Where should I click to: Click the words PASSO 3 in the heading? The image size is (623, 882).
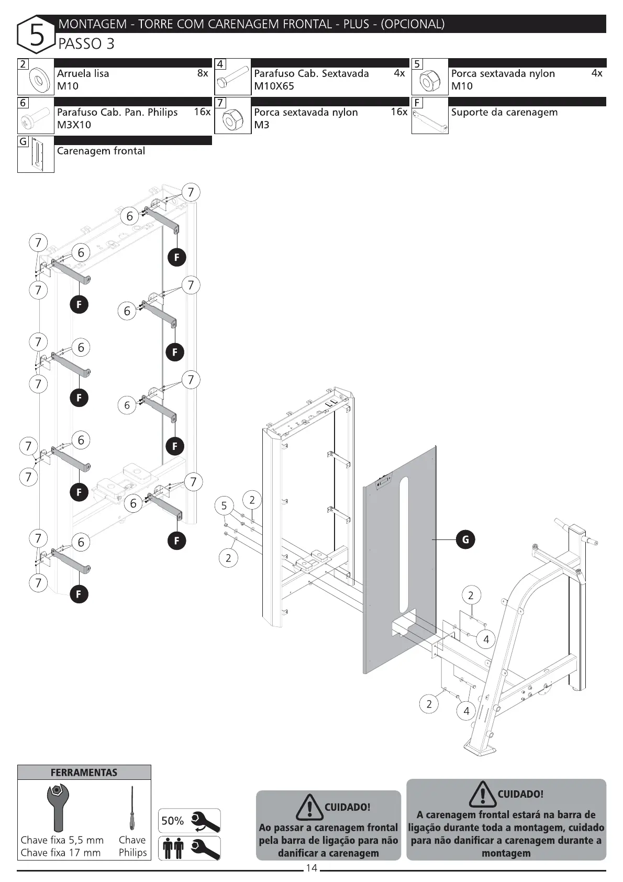[x=86, y=44]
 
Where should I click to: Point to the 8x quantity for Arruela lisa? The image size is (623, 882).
[x=203, y=74]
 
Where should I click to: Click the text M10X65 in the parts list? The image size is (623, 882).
[x=274, y=86]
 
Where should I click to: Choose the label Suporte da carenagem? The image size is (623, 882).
[x=504, y=113]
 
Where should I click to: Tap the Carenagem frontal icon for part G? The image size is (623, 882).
[x=36, y=155]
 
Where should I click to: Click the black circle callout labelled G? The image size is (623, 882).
[x=465, y=539]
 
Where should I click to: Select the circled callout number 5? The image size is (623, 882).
[x=224, y=506]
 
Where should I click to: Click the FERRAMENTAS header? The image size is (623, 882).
[x=84, y=773]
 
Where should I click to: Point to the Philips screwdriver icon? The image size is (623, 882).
[x=132, y=809]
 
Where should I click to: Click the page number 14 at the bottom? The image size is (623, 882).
[x=311, y=868]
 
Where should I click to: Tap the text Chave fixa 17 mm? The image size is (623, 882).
[x=60, y=853]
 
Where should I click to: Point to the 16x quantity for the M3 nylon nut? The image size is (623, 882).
[x=399, y=112]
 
